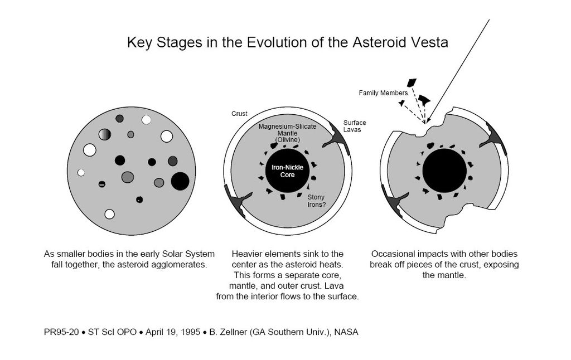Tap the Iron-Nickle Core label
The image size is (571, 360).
click(287, 171)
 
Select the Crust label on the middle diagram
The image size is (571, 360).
click(239, 114)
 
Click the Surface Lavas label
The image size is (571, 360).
click(355, 126)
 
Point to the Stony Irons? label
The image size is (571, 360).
click(316, 201)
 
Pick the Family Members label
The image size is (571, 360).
click(383, 93)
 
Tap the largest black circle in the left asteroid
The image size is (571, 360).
click(180, 181)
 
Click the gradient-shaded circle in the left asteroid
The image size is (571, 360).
click(105, 134)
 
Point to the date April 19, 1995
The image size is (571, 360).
click(171, 332)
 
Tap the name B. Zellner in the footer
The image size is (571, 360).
click(230, 332)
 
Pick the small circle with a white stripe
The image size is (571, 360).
click(102, 184)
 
